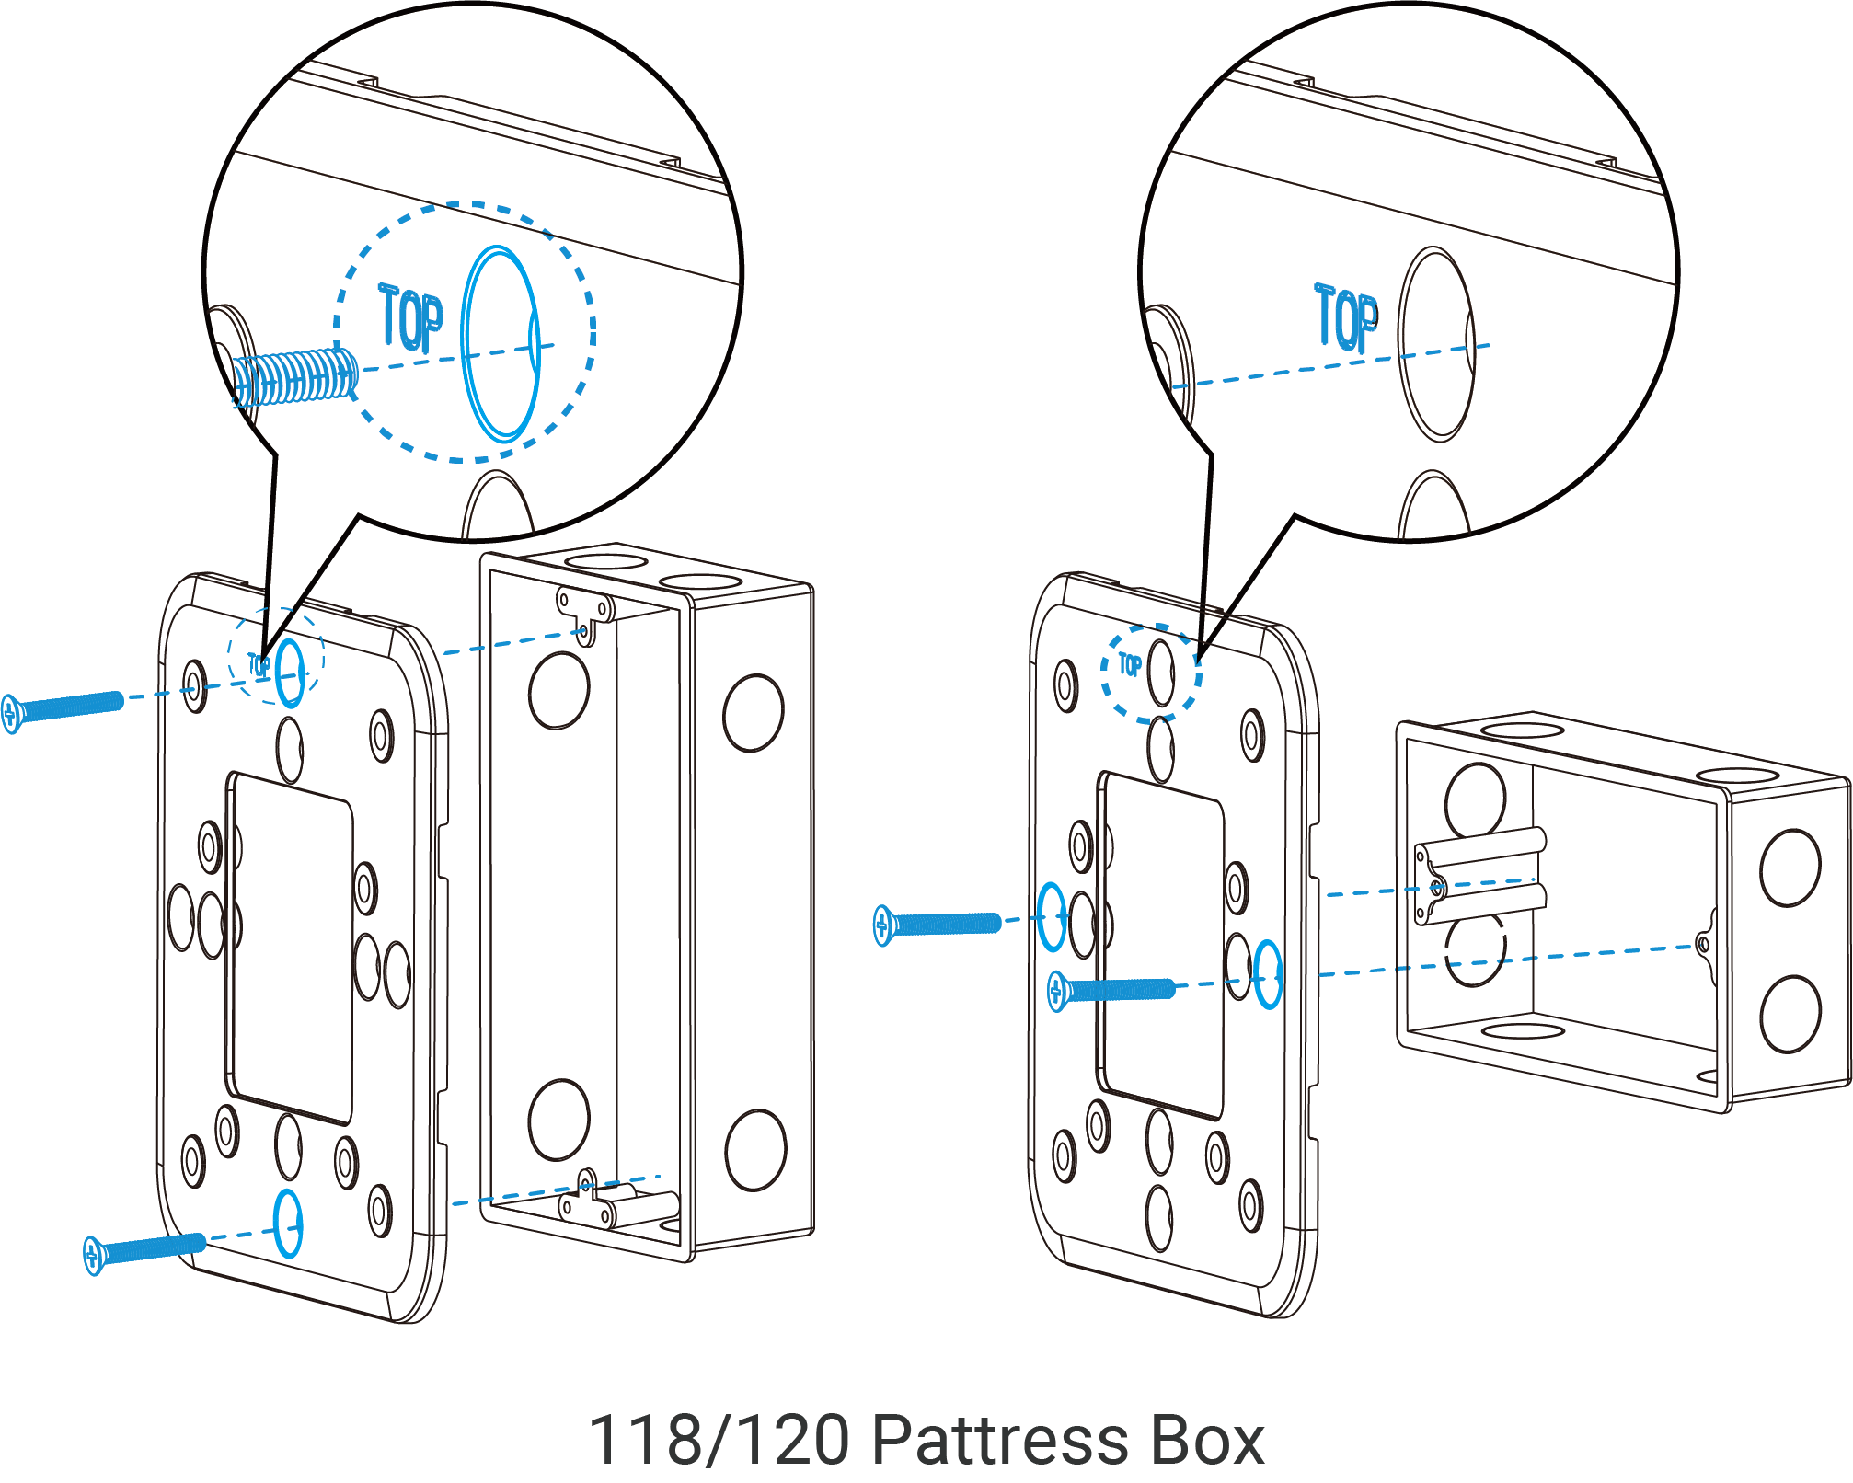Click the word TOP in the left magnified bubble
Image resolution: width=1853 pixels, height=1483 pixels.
(x=411, y=319)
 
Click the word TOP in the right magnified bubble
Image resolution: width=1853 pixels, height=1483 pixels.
(x=1346, y=318)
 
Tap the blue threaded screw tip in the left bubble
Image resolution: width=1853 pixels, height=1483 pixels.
(x=293, y=378)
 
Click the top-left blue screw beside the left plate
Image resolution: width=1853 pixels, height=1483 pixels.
(x=64, y=707)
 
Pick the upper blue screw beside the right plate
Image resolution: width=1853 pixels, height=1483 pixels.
(x=938, y=924)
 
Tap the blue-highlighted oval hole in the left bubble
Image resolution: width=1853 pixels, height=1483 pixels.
(x=500, y=343)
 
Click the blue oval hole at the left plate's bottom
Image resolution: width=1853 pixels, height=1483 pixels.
(x=288, y=1224)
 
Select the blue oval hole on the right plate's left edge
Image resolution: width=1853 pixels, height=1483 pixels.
(x=1052, y=917)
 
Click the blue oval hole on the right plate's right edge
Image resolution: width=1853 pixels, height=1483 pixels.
(x=1268, y=974)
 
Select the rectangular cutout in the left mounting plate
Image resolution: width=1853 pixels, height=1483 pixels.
(x=291, y=948)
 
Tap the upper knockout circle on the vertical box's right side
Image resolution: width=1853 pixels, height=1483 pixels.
(x=754, y=713)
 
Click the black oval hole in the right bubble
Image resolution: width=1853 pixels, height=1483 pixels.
(x=1436, y=343)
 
